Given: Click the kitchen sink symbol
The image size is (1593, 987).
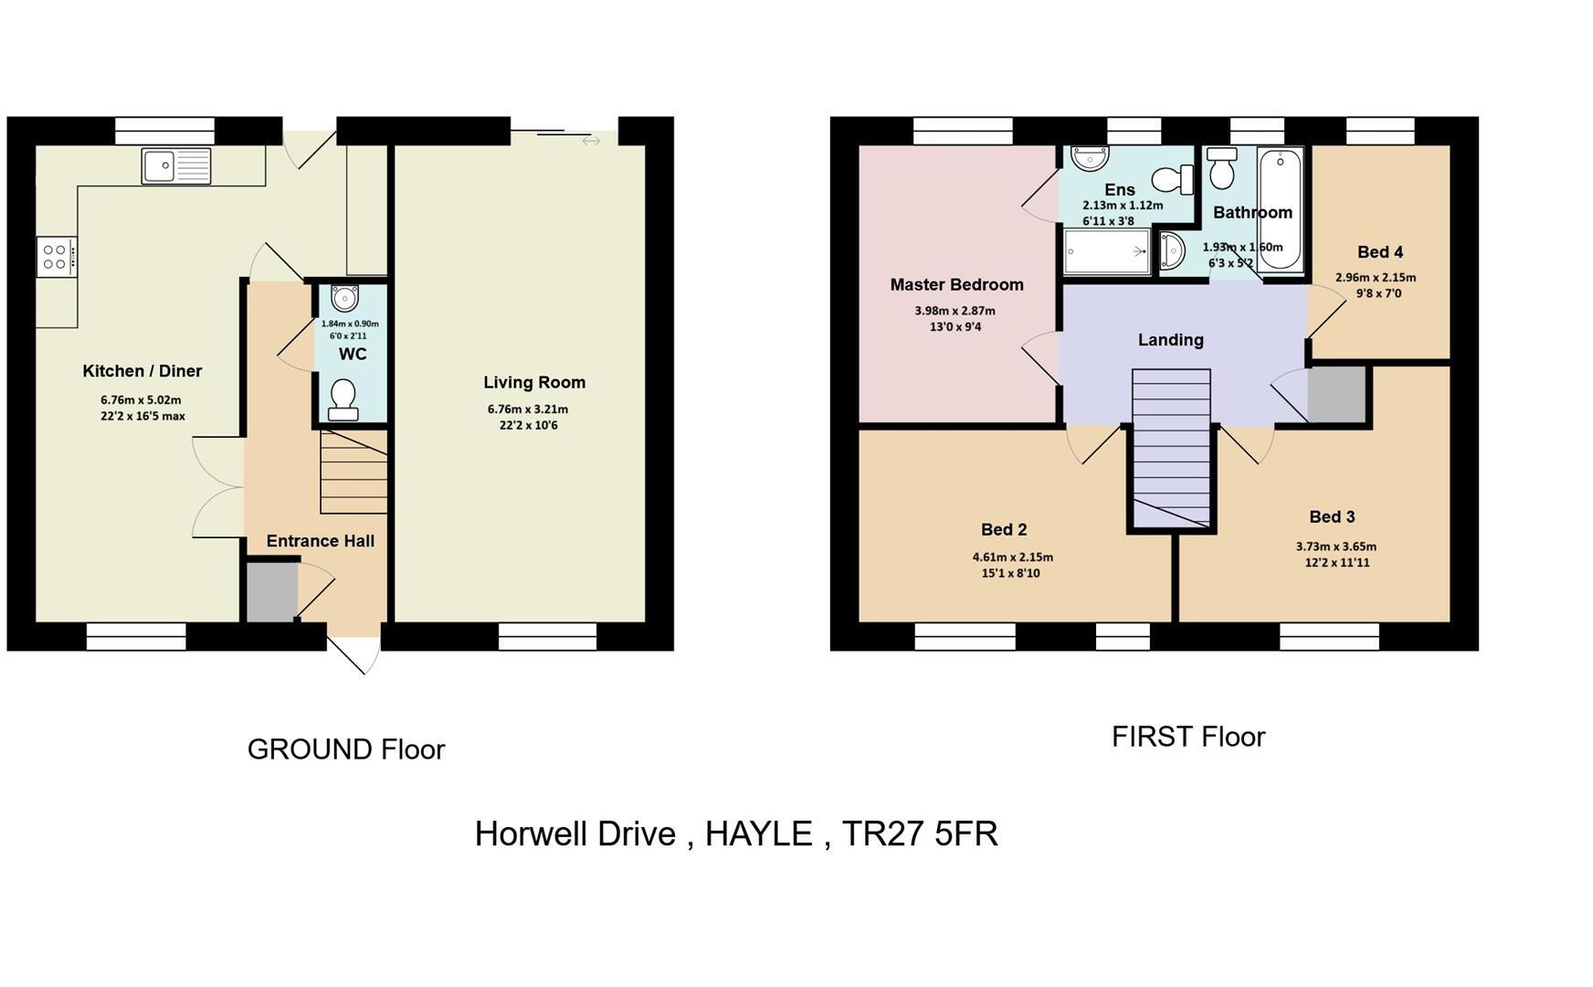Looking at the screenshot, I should click(176, 166).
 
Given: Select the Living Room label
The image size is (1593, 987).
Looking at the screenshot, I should click(534, 383).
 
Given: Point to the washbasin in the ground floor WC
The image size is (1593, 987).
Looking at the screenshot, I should click(345, 298).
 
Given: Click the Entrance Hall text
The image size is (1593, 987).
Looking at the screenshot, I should click(320, 541).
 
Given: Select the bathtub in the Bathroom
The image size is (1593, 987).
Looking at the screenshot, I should click(1280, 209).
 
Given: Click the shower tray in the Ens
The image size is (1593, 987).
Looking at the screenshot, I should click(1106, 251).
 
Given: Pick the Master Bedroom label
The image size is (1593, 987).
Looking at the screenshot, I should click(956, 285).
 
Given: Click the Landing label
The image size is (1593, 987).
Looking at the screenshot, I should click(1170, 340).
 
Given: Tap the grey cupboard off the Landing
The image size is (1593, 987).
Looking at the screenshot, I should click(1336, 394).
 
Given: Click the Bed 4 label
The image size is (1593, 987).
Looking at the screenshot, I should click(1379, 252).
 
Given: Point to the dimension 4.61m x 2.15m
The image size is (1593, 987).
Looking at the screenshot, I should click(1012, 557).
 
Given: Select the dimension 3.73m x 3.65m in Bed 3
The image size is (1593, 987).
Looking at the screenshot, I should click(1335, 547).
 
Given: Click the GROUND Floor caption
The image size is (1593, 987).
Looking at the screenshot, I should click(346, 749).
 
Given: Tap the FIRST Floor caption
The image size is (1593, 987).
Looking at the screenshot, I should click(1187, 737).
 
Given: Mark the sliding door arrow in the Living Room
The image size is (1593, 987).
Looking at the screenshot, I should click(591, 141).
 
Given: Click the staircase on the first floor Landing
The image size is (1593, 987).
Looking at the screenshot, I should click(1171, 448).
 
